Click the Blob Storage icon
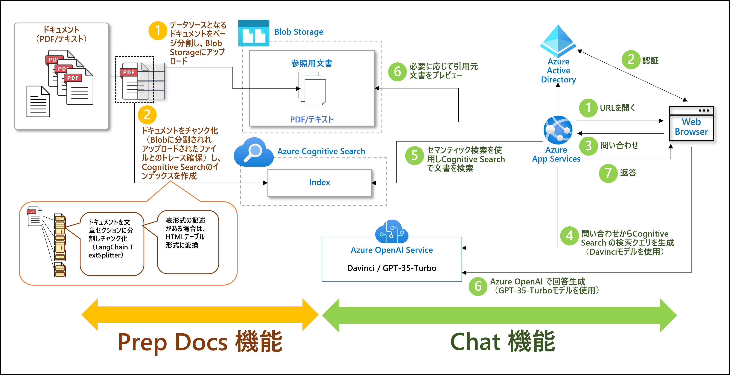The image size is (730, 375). pos(254,33)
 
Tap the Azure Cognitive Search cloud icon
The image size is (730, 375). pos(253,152)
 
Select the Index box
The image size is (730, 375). pos(319,183)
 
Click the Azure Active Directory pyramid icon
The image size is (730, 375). pos(558,41)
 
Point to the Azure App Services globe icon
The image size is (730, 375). pos(558,130)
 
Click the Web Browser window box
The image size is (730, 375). pos(691,123)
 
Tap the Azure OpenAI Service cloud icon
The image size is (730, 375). pos(392,231)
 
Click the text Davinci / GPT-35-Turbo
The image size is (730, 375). pos(392,268)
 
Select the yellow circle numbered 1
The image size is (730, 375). pos(158,31)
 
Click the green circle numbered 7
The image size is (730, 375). pos(608,173)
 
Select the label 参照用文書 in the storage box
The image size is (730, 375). pos(312,63)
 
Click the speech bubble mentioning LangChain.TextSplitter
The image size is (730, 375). pos(112,244)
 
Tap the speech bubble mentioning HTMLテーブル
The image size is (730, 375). pos(188,242)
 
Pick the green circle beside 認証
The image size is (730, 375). pos(631,60)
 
